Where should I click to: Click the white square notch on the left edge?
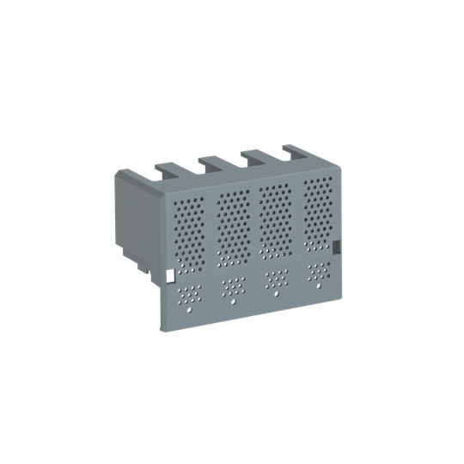point(168,277)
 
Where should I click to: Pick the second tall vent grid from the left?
point(233,226)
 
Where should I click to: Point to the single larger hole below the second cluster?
point(233,302)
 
